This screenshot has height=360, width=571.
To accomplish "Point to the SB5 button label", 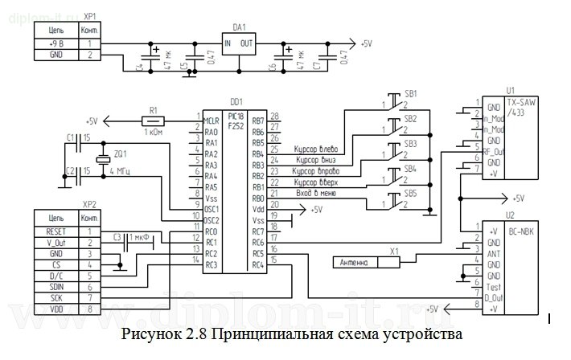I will click(x=410, y=193).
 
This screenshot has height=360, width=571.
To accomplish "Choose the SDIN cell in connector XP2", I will click(x=56, y=285).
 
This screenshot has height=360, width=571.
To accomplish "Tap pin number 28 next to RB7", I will click(x=273, y=117).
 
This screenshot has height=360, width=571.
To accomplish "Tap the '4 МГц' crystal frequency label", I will click(x=118, y=172).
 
